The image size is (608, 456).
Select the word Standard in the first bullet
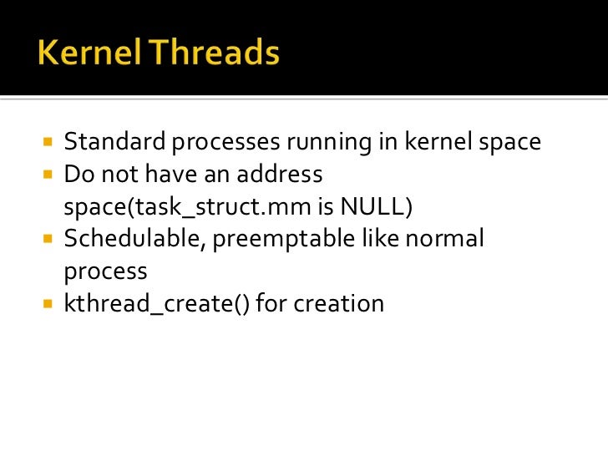click(x=115, y=143)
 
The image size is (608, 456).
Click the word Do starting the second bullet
click(x=77, y=175)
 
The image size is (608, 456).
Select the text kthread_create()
click(x=156, y=304)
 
